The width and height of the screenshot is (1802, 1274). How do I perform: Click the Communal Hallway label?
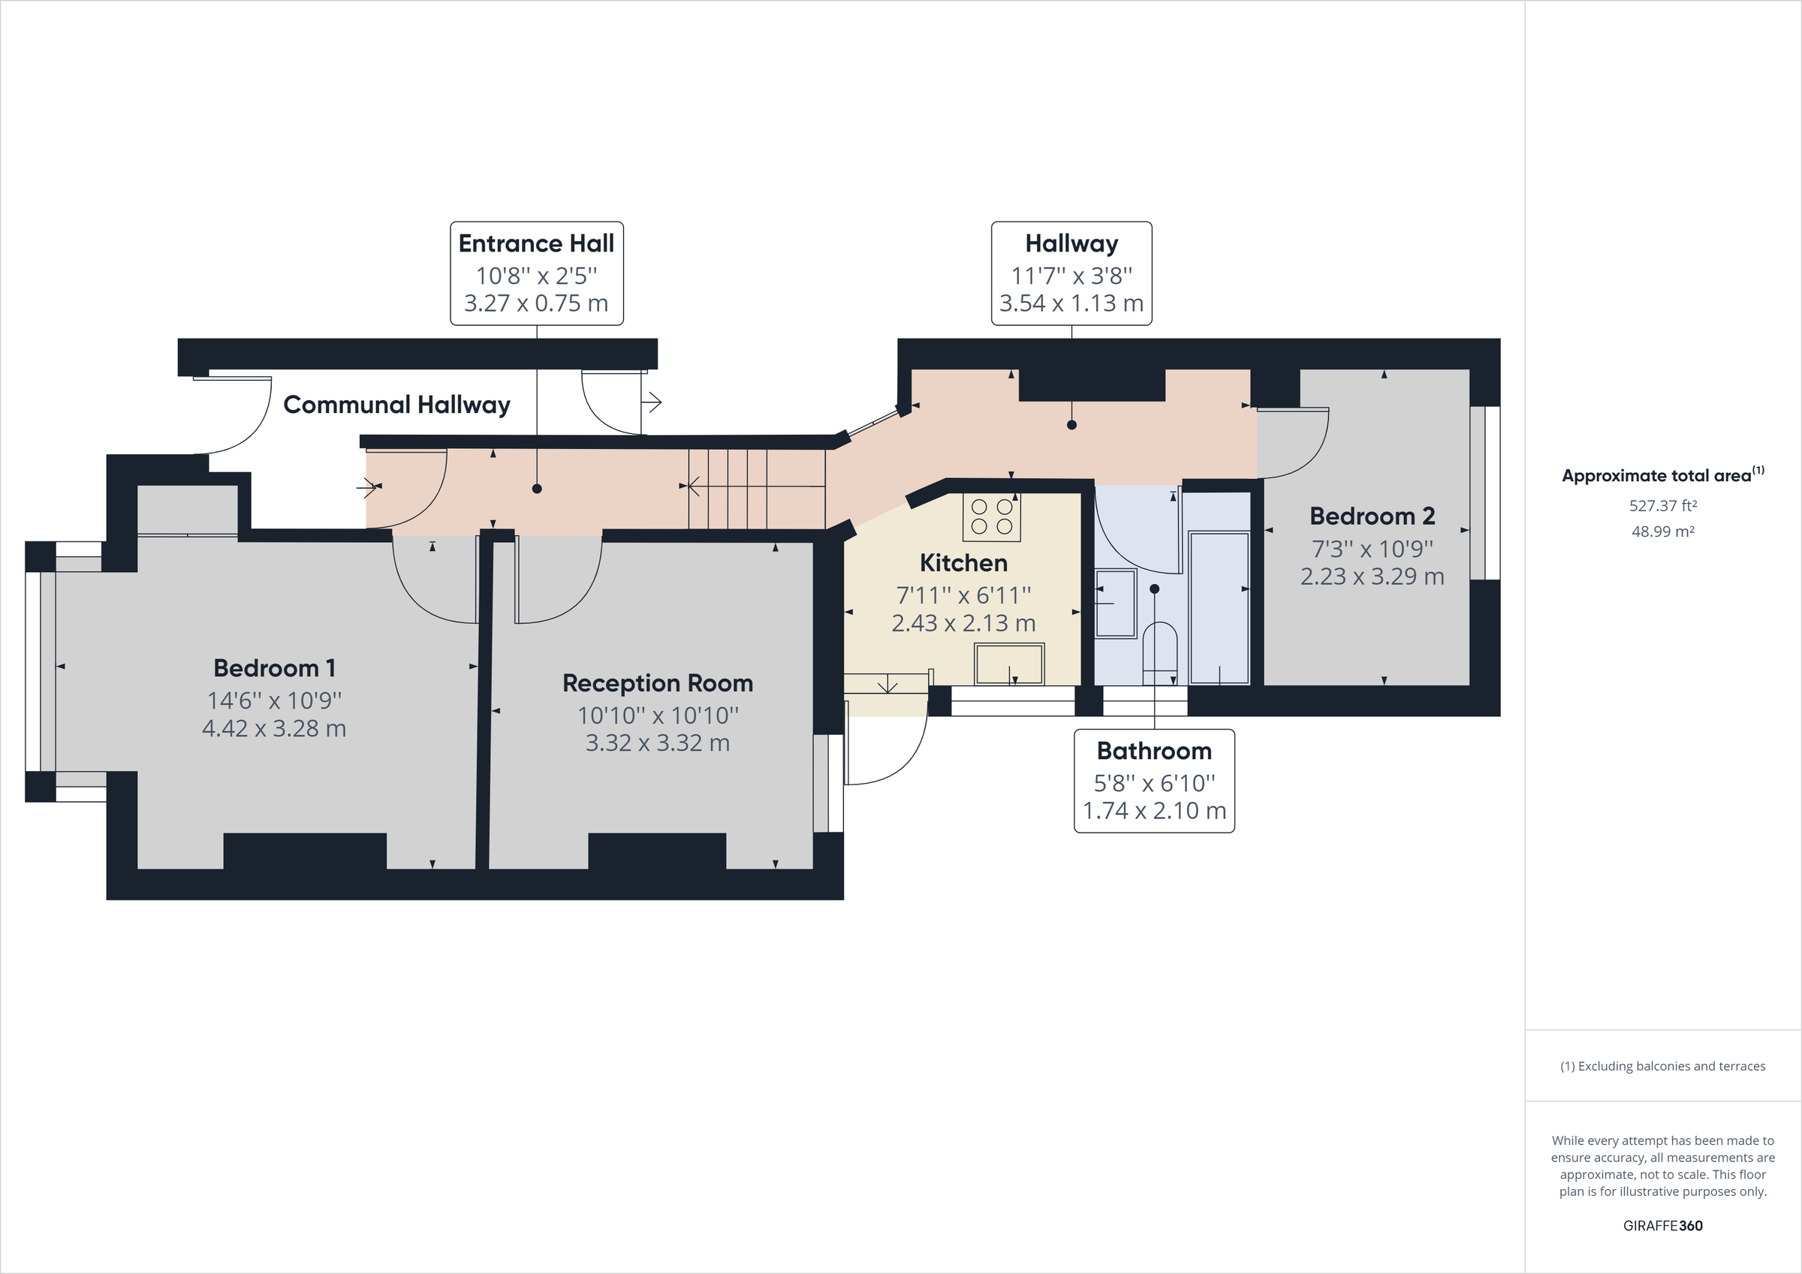(396, 405)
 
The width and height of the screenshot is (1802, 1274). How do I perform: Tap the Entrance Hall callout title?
(536, 243)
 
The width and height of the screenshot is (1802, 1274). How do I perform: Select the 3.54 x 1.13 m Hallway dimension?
(1071, 303)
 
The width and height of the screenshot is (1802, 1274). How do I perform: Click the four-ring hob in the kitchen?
(991, 517)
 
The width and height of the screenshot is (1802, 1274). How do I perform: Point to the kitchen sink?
(1009, 664)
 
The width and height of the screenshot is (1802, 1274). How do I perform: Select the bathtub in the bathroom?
(1219, 607)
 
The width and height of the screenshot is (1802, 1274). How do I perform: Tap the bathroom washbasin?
(1115, 603)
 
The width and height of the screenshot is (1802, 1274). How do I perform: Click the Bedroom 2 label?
(1372, 517)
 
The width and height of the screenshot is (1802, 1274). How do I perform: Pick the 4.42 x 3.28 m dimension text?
(274, 728)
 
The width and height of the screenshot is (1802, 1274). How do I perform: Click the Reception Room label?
(658, 683)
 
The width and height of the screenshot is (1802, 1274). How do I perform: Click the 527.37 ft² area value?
(1662, 506)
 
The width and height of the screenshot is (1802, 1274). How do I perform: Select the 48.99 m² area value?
(1662, 532)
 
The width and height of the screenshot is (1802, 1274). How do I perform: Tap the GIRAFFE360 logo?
(1662, 1225)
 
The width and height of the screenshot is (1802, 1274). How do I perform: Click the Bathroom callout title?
(1154, 751)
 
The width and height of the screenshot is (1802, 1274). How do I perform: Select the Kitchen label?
(963, 563)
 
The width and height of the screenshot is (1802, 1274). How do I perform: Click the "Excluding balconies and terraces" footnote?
(1662, 1066)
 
